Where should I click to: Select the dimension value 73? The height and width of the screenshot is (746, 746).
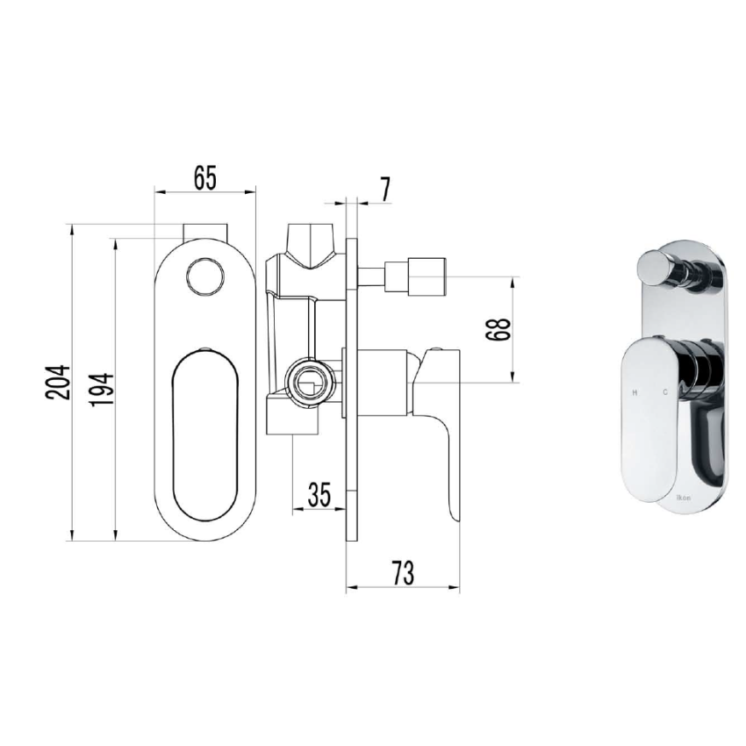pyautogui.click(x=403, y=573)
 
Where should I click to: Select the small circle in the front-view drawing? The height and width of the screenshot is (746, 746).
pyautogui.click(x=204, y=276)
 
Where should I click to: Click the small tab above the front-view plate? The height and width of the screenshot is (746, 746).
pyautogui.click(x=204, y=232)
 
